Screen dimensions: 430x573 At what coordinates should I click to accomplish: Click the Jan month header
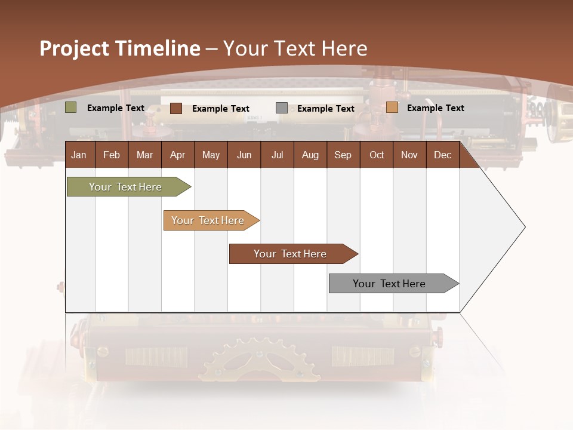click(79, 155)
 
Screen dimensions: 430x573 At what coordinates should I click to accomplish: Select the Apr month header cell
click(177, 155)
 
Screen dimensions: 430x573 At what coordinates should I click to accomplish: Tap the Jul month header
click(277, 155)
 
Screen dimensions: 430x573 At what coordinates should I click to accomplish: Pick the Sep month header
click(343, 155)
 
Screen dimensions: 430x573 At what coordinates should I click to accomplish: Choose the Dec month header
click(442, 155)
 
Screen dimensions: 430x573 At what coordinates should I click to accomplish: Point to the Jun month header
click(244, 155)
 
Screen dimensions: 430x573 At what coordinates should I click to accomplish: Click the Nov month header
click(409, 155)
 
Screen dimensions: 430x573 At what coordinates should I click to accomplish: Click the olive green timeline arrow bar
click(125, 187)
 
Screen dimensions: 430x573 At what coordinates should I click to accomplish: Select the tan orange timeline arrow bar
click(208, 220)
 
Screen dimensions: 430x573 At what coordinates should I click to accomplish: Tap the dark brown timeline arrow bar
click(290, 254)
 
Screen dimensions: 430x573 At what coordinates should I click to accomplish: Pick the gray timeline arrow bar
click(389, 284)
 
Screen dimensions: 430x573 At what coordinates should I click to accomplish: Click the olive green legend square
click(70, 107)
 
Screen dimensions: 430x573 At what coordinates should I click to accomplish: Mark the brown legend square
click(175, 108)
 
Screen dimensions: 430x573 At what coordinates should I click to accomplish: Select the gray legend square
click(281, 108)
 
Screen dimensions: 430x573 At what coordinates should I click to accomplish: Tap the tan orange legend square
click(392, 107)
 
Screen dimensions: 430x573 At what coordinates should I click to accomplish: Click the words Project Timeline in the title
click(119, 48)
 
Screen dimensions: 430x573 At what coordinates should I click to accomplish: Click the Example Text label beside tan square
click(435, 108)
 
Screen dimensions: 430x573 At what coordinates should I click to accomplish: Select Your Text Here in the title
click(295, 48)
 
